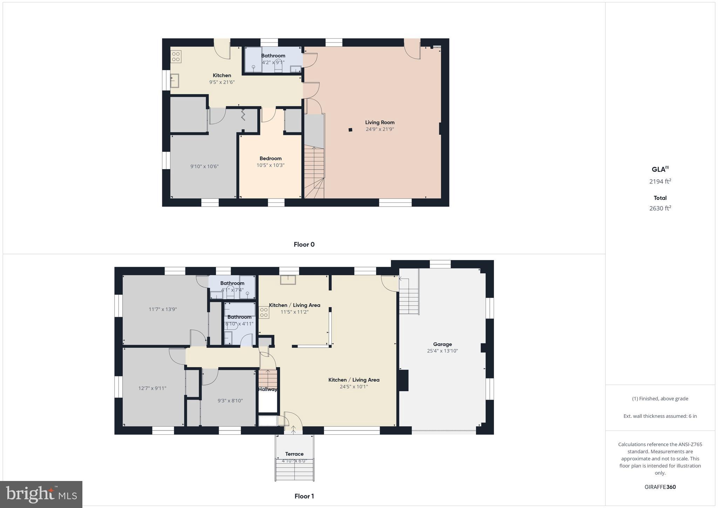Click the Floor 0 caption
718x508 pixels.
coord(304,245)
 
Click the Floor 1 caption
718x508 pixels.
coord(304,496)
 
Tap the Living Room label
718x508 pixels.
coord(380,122)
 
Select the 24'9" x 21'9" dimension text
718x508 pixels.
coord(380,129)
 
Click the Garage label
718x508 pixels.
coord(442,344)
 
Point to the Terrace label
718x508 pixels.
coord(294,454)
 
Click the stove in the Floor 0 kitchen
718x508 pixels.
coord(176,56)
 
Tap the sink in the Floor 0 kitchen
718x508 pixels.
coord(174,80)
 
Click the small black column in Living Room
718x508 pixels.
coord(350,130)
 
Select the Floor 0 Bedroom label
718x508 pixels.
coord(270,158)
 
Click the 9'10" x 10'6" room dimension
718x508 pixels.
coord(204,166)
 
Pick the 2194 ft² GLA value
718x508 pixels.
coord(660,181)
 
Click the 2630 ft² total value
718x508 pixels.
coord(660,208)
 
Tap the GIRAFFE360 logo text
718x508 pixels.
coord(660,487)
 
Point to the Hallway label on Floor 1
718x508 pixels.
coord(268,389)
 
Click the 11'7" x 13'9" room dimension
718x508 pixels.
coord(163,309)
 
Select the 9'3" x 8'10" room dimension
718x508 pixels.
coord(230,401)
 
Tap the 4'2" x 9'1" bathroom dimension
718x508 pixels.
coord(273,62)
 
